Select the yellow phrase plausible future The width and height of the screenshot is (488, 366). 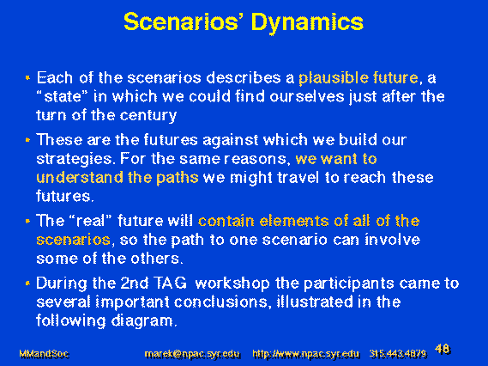pyautogui.click(x=358, y=78)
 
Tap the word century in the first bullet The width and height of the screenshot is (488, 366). pyautogui.click(x=148, y=116)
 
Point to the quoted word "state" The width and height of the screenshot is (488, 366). pyautogui.click(x=63, y=96)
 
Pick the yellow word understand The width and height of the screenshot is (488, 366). pyautogui.click(x=80, y=178)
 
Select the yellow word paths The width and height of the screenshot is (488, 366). pyautogui.click(x=178, y=179)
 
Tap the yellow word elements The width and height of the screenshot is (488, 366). pyautogui.click(x=294, y=221)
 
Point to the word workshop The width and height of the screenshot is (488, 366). pyautogui.click(x=232, y=284)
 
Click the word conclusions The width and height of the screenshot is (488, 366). pyautogui.click(x=220, y=302)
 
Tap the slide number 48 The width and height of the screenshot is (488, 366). pyautogui.click(x=443, y=349)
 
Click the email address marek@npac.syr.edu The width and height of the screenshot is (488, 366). pyautogui.click(x=192, y=354)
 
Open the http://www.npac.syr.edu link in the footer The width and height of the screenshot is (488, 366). pyautogui.click(x=306, y=354)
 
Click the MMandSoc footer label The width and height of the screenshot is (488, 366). pyautogui.click(x=44, y=354)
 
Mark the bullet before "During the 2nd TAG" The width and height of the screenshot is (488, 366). pyautogui.click(x=27, y=283)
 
